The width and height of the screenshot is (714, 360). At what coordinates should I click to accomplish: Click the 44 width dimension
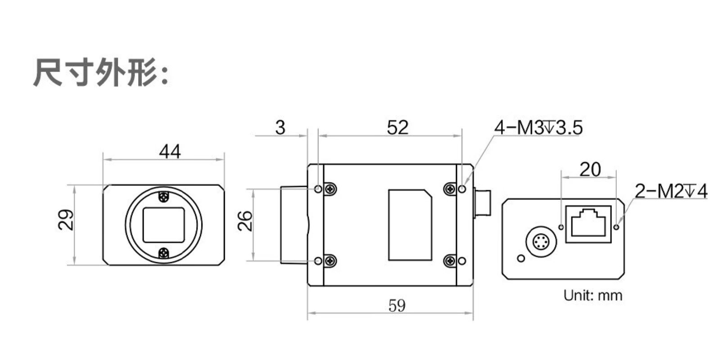tap(170, 152)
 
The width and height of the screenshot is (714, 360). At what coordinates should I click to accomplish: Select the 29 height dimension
tap(66, 220)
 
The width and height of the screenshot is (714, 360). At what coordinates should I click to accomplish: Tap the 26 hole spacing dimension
tap(245, 221)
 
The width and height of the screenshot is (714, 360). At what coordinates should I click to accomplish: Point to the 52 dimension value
tap(398, 127)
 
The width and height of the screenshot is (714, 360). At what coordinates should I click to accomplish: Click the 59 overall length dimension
tap(397, 306)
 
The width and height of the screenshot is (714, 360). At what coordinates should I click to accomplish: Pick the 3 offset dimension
tap(280, 128)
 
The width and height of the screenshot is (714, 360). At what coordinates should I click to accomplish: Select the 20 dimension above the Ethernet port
tap(590, 169)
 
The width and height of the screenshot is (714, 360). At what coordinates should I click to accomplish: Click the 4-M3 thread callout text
tap(538, 128)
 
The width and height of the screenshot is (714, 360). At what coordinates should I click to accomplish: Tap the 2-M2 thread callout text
tap(671, 191)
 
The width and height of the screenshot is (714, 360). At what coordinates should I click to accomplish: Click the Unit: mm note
tap(593, 295)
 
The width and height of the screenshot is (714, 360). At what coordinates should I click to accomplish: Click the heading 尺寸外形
tap(101, 72)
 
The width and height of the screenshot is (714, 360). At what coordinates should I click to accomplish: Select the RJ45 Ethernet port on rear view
tap(588, 224)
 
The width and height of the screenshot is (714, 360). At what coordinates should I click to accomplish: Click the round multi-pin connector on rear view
tap(541, 242)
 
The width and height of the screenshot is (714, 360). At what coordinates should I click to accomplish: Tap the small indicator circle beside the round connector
tap(521, 258)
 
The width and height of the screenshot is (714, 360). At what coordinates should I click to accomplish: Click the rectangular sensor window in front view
tap(164, 225)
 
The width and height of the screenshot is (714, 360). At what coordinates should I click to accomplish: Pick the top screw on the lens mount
tap(163, 197)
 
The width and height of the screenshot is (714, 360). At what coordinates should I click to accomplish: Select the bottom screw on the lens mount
tap(163, 254)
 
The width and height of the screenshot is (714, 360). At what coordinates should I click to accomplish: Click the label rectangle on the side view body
tap(410, 225)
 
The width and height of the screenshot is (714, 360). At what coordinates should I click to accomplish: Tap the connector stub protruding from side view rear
tap(482, 203)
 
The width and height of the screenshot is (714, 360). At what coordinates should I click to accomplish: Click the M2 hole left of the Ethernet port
tap(561, 227)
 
